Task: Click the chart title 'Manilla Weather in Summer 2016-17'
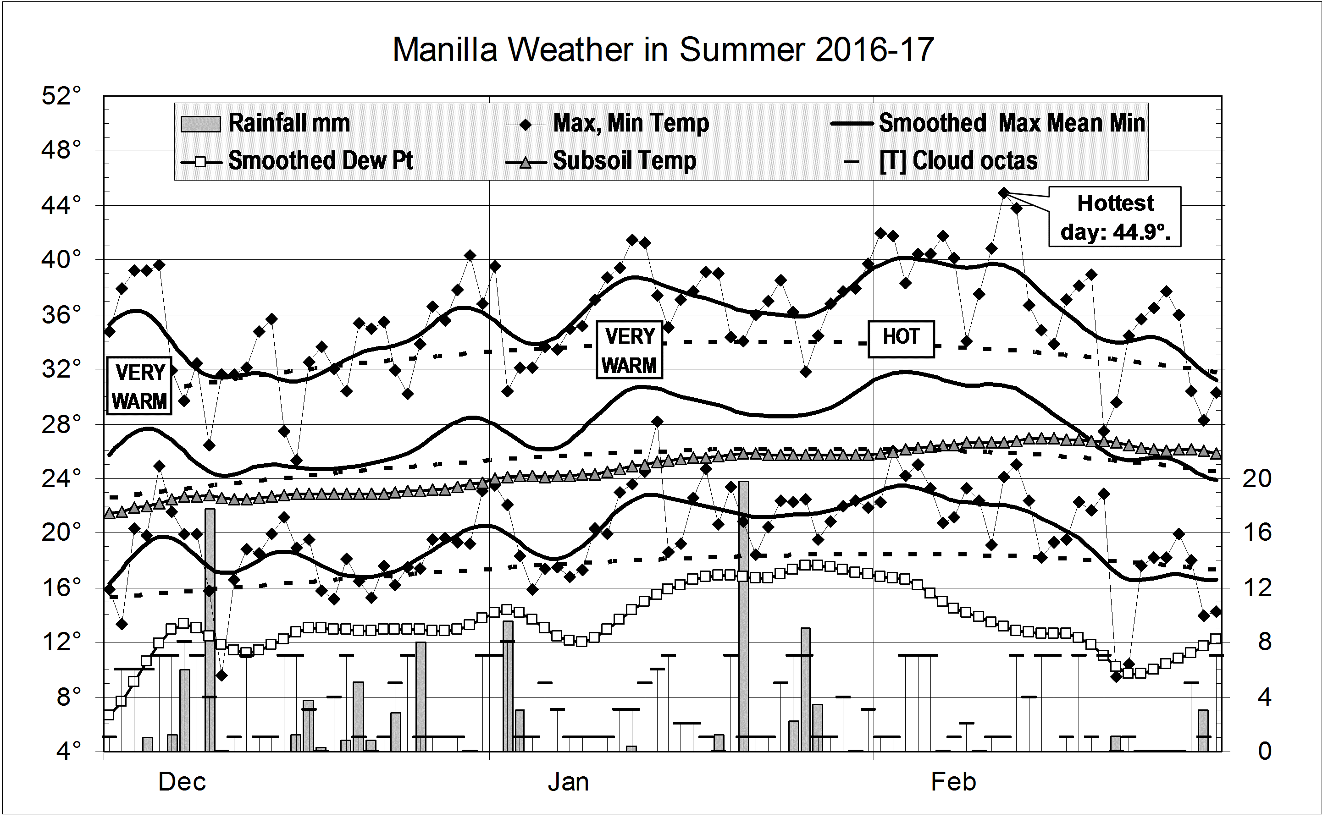click(663, 50)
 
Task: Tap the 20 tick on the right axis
click(1256, 478)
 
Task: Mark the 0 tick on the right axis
click(1264, 751)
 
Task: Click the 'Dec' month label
click(182, 782)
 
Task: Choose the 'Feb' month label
click(953, 782)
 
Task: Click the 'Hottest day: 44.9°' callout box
click(1115, 217)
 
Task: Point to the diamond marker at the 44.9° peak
click(1003, 192)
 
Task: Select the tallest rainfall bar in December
click(210, 630)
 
